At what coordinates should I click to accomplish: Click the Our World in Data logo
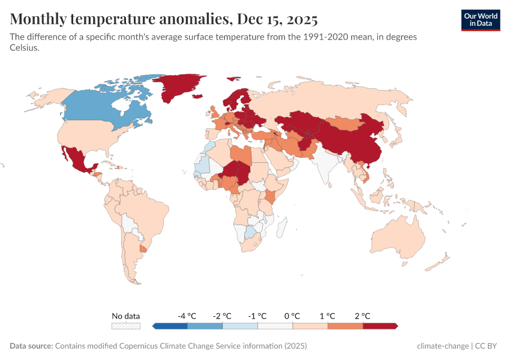coord(480,20)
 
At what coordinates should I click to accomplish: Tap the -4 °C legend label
coord(187,316)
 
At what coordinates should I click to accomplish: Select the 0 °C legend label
coord(292,316)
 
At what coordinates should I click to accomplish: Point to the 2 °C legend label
coord(362,316)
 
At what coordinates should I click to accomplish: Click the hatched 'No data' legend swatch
coord(126,326)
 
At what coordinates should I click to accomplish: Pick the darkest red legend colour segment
coord(380,326)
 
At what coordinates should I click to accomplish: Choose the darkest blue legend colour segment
coord(170,326)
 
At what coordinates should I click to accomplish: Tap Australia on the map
coord(399,237)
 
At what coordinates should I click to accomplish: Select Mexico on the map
coord(76,159)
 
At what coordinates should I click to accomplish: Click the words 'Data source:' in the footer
coord(31,346)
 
